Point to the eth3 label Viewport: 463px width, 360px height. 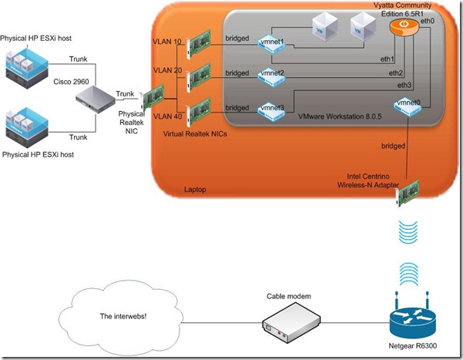click(404, 85)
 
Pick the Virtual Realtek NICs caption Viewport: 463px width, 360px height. click(194, 133)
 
